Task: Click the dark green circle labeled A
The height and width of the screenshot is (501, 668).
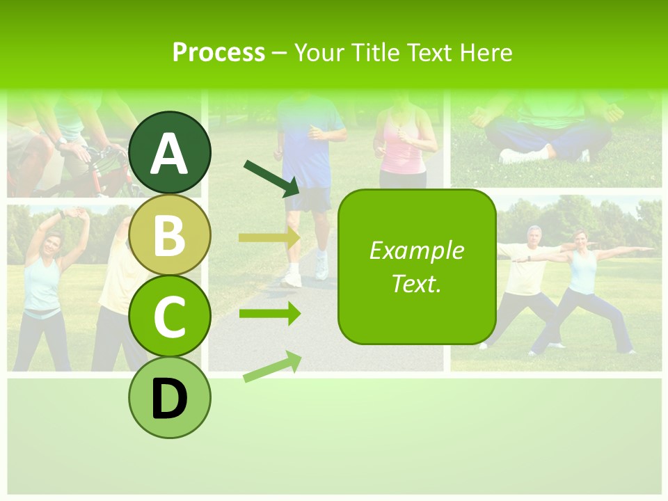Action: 170,153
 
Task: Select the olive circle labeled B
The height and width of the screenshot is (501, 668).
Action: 170,235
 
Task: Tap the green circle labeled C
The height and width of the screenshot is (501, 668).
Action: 170,316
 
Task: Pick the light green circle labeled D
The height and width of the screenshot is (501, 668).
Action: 170,397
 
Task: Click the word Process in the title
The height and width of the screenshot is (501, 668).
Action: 218,52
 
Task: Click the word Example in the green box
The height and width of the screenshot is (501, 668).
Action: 416,250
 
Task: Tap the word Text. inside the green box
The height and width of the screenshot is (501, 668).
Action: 416,283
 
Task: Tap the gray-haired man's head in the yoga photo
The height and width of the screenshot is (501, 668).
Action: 534,233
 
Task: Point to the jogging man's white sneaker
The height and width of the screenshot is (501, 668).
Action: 292,279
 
